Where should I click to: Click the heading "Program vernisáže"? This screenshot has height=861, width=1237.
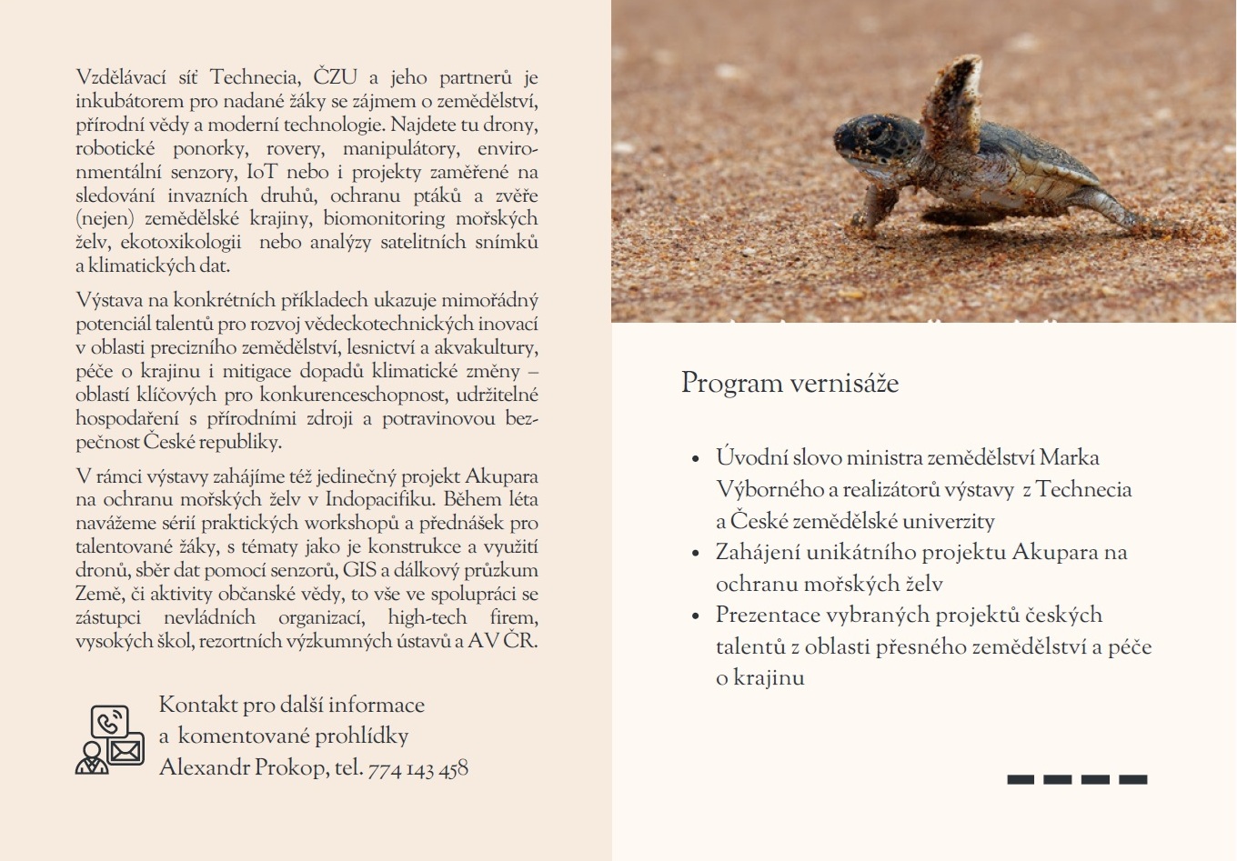(x=789, y=383)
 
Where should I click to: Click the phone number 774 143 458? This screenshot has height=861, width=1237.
(x=417, y=768)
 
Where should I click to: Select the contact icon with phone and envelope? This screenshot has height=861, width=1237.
(x=110, y=739)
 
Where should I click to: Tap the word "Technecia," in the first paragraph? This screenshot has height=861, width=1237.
(x=256, y=77)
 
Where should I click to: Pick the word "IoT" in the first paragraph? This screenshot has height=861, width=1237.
(x=262, y=172)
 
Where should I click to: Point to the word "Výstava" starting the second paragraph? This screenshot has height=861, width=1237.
(x=108, y=300)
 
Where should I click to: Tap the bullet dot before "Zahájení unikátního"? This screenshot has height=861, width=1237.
(x=696, y=554)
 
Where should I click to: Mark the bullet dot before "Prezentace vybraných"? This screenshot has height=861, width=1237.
(x=696, y=616)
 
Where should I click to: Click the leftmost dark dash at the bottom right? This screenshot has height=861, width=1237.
(x=1021, y=779)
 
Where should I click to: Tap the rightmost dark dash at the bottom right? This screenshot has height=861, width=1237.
(x=1133, y=779)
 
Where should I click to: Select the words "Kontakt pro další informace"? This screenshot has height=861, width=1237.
(x=291, y=705)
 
